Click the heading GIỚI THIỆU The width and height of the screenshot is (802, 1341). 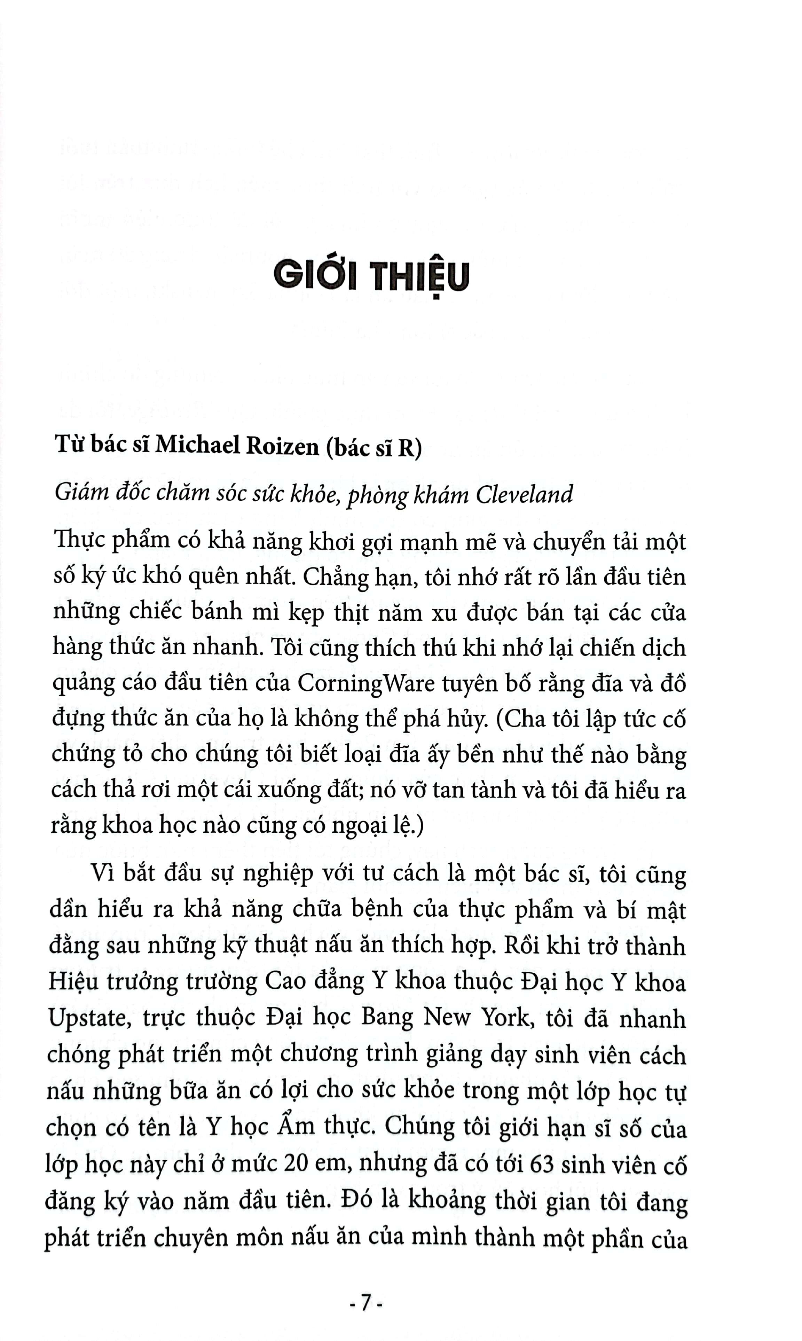(x=371, y=277)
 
